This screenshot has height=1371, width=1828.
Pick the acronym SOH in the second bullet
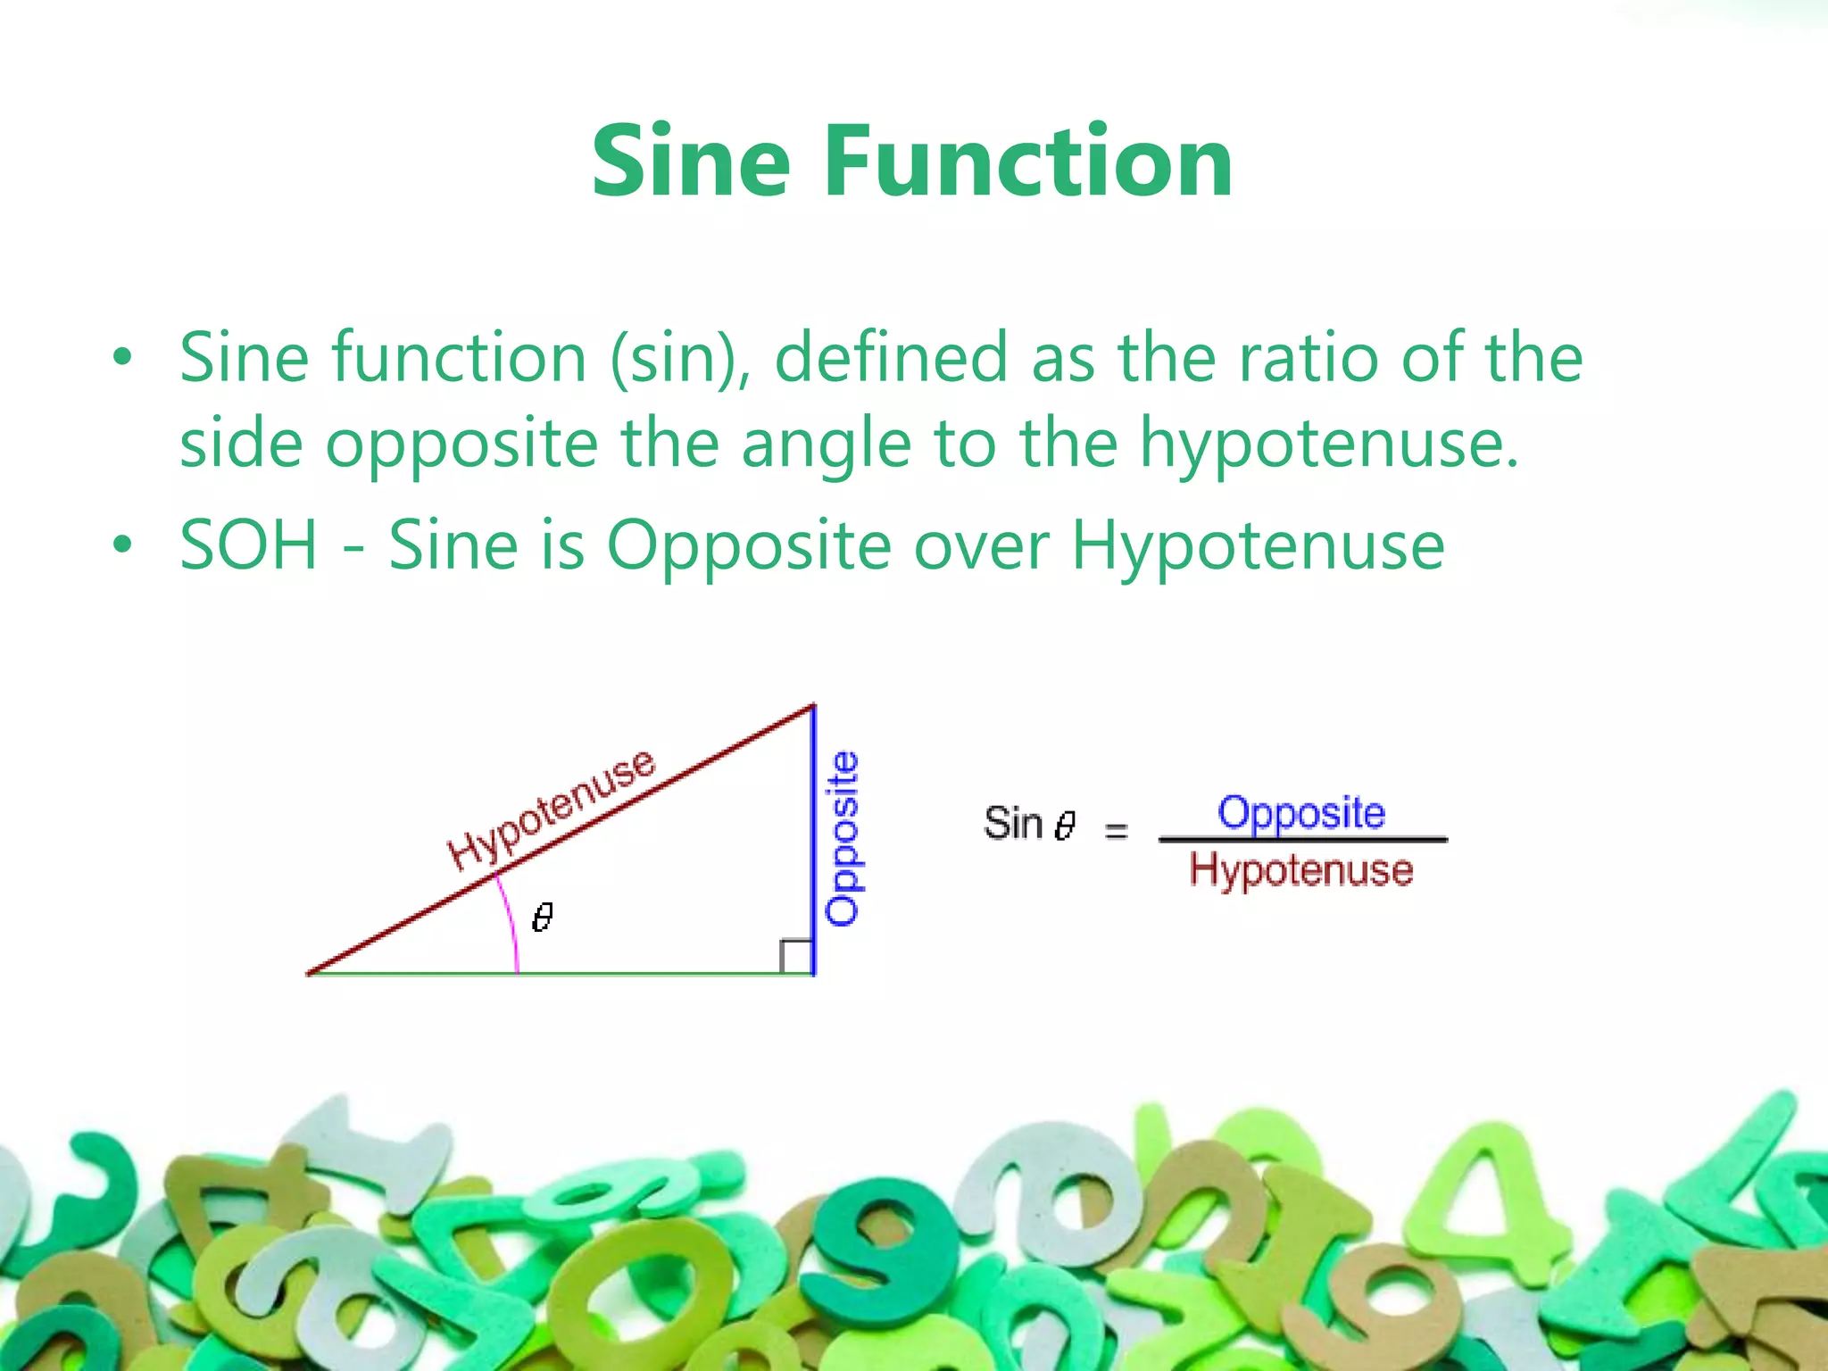(248, 545)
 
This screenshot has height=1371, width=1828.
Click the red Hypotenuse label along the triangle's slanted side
(552, 808)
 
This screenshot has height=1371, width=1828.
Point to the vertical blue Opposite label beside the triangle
(843, 838)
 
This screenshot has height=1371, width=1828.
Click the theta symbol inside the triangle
(542, 917)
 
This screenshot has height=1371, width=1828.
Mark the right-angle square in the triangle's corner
(796, 956)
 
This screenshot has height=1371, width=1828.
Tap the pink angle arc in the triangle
(511, 924)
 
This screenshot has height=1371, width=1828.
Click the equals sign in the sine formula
(1116, 831)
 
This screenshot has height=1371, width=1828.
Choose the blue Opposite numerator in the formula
(1301, 813)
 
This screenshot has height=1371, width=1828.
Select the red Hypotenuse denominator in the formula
(1301, 868)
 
